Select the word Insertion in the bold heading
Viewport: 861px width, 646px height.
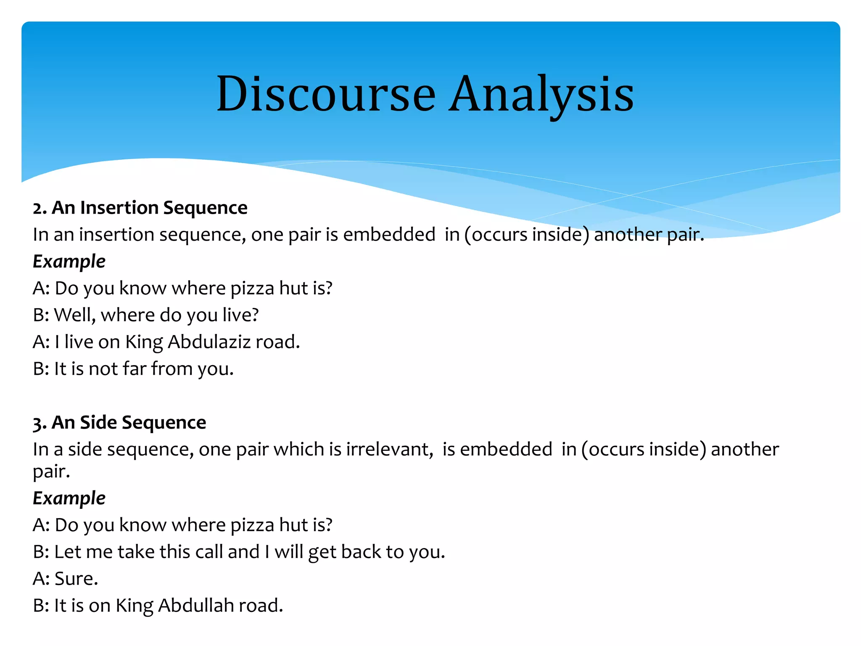119,208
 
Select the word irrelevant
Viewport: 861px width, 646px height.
389,449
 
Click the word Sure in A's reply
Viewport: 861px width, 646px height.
76,579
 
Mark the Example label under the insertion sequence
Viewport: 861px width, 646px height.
69,262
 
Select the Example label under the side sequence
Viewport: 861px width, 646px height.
69,498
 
